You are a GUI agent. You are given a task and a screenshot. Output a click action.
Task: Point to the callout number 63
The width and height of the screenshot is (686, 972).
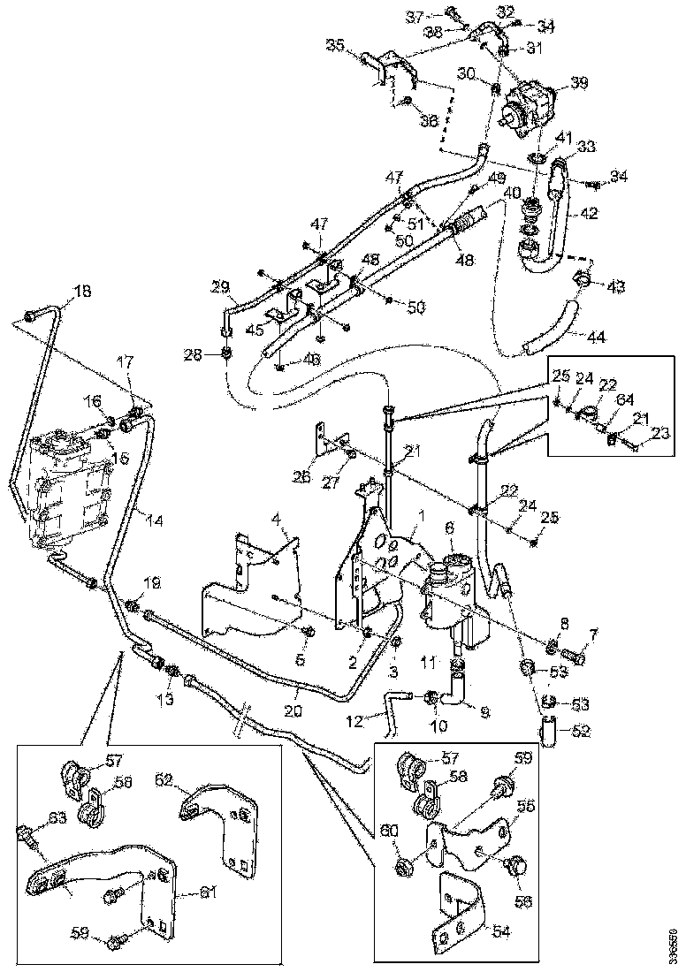click(x=57, y=817)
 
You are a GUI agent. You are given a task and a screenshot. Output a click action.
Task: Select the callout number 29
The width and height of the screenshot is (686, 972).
click(x=220, y=285)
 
